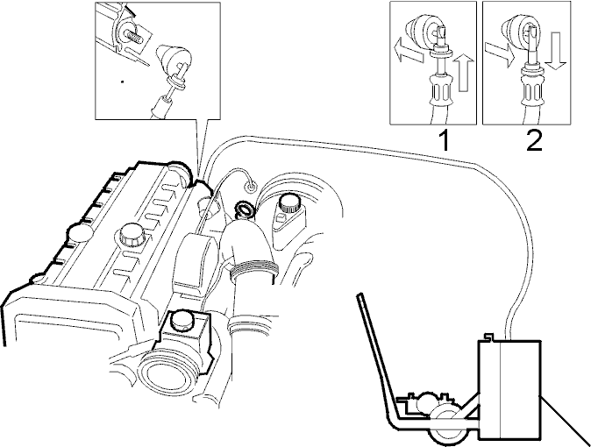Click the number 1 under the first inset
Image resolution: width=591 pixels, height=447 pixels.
445,140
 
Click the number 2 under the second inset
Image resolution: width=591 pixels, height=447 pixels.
534,140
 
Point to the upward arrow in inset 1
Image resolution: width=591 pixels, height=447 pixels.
465,72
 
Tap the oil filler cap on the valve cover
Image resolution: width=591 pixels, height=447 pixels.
132,236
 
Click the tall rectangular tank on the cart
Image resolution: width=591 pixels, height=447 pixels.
509,389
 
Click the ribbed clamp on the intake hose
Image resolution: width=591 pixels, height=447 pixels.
255,269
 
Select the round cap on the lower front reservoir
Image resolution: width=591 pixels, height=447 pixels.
182,321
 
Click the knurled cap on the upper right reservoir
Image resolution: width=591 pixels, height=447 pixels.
288,204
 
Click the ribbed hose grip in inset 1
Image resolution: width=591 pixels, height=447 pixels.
437,90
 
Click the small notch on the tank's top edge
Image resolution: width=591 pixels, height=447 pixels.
489,337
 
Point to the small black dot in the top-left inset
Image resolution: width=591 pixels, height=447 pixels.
122,81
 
